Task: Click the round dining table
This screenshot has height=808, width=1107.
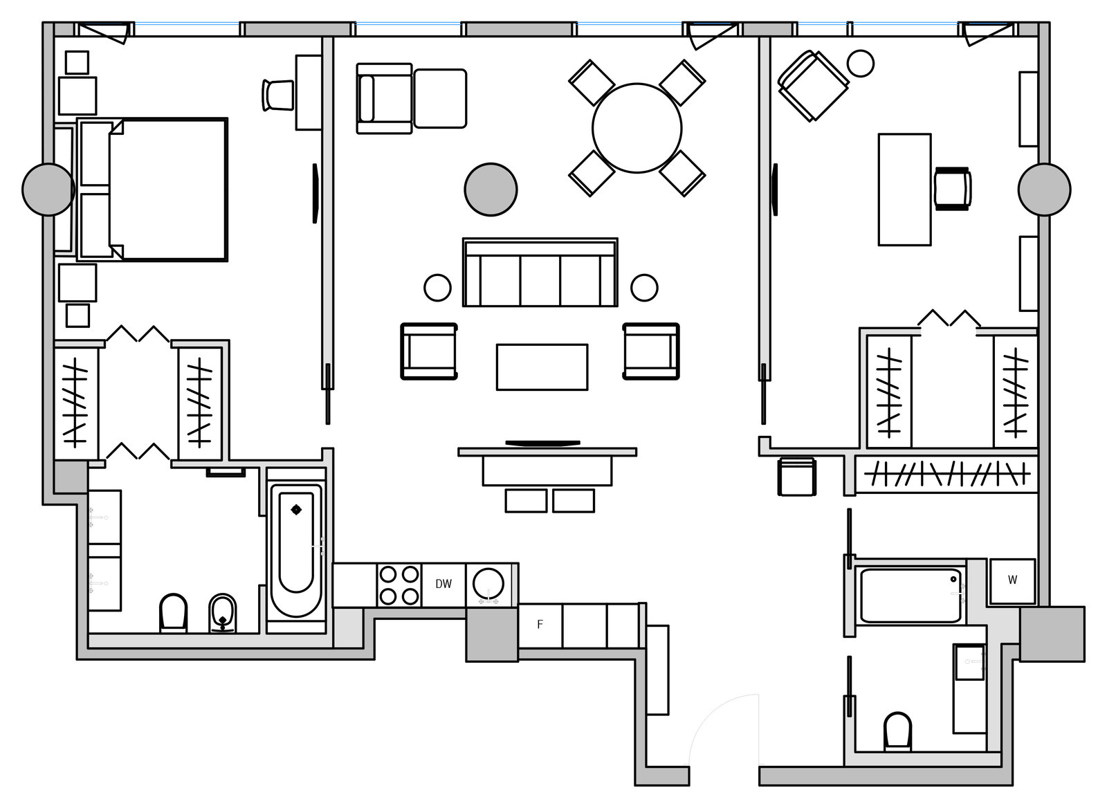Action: (x=637, y=128)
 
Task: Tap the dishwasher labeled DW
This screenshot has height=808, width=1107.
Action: (x=443, y=585)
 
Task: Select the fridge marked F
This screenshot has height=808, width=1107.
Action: (x=540, y=625)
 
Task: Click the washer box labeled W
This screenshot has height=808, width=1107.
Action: (x=1012, y=580)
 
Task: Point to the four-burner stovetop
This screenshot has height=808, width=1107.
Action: (x=399, y=585)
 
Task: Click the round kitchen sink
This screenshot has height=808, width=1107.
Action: (x=489, y=584)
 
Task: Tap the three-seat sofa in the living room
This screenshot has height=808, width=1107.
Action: (x=540, y=273)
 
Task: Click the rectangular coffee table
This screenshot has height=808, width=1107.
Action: (x=542, y=367)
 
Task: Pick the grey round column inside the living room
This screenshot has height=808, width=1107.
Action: (x=491, y=190)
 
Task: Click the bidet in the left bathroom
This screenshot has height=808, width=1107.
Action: (x=222, y=612)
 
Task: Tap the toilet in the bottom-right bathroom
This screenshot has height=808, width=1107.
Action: (x=897, y=731)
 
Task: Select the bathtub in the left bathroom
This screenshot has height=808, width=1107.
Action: (x=296, y=550)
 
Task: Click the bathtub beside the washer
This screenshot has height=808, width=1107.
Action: (x=911, y=595)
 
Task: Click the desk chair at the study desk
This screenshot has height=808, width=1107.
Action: (x=952, y=189)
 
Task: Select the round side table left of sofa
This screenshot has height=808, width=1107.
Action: (x=437, y=287)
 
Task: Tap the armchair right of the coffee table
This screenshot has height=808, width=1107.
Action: (x=650, y=351)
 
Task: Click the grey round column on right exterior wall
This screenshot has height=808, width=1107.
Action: (x=1044, y=190)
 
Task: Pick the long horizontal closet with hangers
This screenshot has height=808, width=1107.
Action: (x=946, y=475)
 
